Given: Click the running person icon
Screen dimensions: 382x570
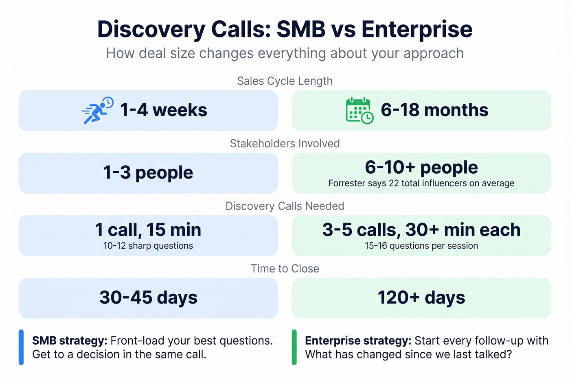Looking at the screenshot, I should pos(97,110).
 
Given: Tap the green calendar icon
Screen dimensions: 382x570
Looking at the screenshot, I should pos(359,111).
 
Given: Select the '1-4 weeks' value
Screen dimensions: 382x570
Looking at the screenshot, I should pos(164,110).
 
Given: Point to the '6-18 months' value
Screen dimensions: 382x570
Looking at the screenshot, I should pos(434,110).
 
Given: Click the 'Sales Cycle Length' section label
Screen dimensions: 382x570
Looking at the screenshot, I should pos(285,81).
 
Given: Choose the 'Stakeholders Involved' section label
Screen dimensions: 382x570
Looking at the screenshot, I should pos(285,144).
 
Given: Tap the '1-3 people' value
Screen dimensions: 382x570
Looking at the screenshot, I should pos(148,172).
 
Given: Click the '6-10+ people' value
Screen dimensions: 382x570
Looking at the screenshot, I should pos(421,167).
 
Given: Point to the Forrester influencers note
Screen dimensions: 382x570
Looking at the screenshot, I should pos(421,183).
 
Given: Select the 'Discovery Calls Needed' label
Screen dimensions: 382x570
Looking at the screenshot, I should pos(285,206).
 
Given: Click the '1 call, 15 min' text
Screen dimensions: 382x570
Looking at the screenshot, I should pos(148,230).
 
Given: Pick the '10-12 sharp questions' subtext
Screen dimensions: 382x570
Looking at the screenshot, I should pos(148,246).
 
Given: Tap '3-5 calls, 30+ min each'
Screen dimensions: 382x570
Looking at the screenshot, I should pos(421,230).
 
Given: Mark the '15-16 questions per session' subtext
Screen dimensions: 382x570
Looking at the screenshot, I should pos(421,246).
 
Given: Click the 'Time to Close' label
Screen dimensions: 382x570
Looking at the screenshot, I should pos(285,269).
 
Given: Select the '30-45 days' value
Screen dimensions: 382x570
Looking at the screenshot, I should pos(148,297).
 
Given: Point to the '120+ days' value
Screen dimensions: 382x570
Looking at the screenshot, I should pos(421,297).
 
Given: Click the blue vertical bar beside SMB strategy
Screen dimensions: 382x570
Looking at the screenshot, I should pos(21,347).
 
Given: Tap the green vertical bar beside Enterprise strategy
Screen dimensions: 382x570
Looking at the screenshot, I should pos(294,347).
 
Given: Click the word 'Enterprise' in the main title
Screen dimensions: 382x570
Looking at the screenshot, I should pos(417,29).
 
